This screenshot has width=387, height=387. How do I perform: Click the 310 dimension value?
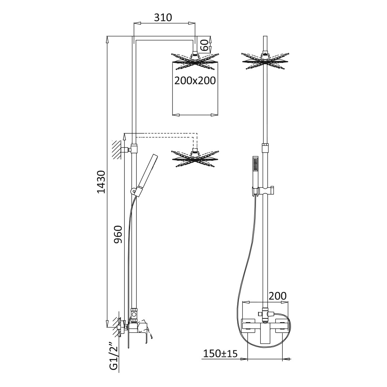[163, 17]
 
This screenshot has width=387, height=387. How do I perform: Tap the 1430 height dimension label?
[101, 182]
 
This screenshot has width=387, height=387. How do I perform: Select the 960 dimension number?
[118, 234]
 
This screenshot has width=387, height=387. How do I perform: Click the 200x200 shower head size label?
[195, 81]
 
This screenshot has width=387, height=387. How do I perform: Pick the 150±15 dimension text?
[220, 354]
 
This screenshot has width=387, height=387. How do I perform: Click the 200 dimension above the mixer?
[278, 296]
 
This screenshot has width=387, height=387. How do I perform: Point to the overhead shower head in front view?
[265, 60]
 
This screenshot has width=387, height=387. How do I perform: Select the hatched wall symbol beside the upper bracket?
[117, 149]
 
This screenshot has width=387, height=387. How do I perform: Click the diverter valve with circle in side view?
[133, 315]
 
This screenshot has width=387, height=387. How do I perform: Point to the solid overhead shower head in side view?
[195, 61]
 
